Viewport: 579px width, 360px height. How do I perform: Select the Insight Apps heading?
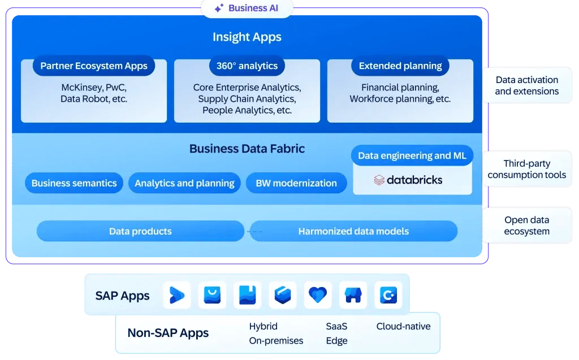(x=247, y=37)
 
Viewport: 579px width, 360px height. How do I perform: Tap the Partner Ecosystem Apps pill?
(x=94, y=66)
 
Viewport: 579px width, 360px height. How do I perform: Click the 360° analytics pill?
(x=247, y=66)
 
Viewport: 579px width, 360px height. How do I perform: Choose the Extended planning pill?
(x=400, y=66)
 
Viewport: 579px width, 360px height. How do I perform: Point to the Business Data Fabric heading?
(x=247, y=149)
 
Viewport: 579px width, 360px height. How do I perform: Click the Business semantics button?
(x=74, y=183)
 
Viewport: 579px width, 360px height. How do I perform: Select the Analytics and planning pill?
(x=184, y=183)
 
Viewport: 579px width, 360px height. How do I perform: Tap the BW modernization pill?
(x=296, y=183)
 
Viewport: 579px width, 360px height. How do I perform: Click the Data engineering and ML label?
(x=412, y=155)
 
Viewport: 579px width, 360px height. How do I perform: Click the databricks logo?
(x=408, y=180)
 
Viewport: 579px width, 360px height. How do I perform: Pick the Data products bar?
(x=140, y=231)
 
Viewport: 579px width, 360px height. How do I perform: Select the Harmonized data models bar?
(x=353, y=231)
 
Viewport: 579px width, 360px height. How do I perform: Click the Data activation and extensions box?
(x=526, y=85)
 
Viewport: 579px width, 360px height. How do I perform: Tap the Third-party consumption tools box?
(x=526, y=169)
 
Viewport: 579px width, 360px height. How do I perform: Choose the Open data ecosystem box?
(x=526, y=225)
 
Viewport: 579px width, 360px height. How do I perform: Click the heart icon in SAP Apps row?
(x=318, y=295)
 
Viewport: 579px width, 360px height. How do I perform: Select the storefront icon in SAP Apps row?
(x=353, y=295)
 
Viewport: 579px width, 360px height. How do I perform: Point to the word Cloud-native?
(x=403, y=327)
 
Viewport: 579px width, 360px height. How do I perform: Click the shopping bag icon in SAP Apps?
(x=212, y=295)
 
